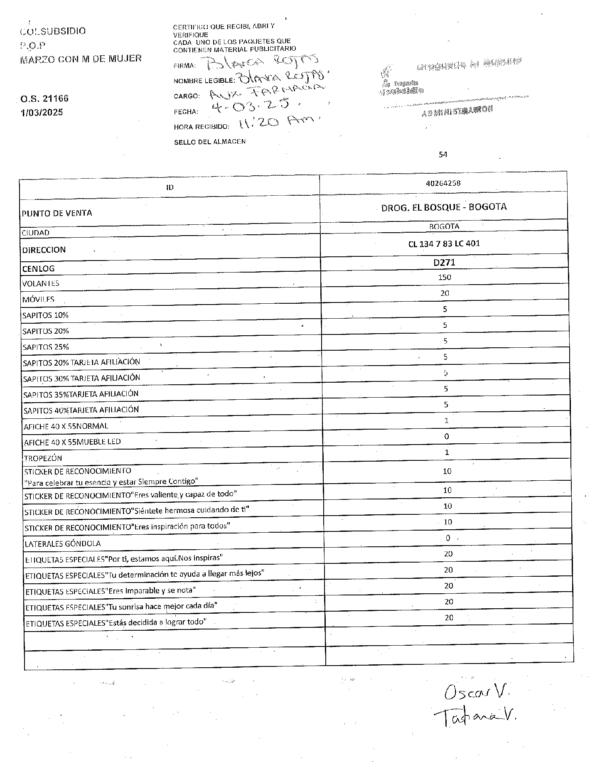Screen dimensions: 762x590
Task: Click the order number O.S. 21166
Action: [44, 99]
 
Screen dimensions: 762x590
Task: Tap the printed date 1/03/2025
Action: [42, 112]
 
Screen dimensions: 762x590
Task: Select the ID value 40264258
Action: [443, 183]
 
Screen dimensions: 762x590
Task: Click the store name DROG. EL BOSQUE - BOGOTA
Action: [444, 207]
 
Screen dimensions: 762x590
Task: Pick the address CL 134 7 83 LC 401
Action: [444, 243]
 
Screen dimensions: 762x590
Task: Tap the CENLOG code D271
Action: [444, 262]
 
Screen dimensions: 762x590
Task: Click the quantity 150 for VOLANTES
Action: [445, 277]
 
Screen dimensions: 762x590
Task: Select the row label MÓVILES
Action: [38, 299]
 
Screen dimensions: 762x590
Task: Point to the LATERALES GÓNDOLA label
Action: [62, 543]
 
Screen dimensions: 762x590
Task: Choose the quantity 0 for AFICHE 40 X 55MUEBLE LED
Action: [447, 436]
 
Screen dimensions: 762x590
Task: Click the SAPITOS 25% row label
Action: [46, 347]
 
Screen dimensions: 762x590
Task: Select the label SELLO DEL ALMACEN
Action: [210, 142]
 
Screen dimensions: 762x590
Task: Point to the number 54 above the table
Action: [443, 155]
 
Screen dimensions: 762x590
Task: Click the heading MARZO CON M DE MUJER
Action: [81, 59]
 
